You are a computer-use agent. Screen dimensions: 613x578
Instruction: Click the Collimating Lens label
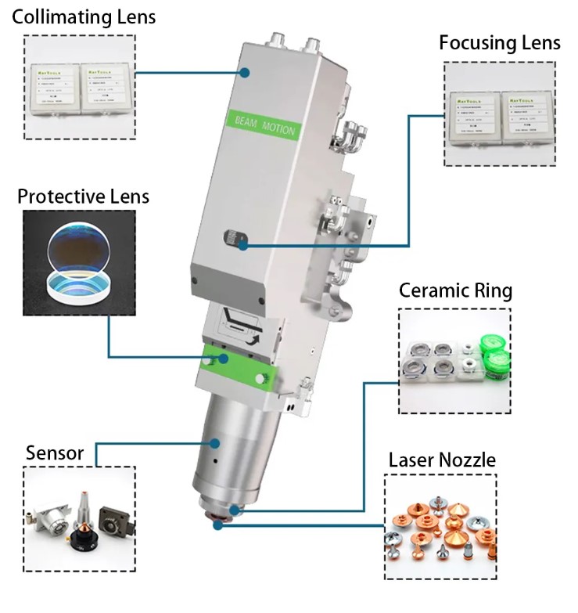point(83,16)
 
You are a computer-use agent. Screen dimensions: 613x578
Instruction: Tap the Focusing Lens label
point(499,42)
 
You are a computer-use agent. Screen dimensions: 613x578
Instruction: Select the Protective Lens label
point(84,195)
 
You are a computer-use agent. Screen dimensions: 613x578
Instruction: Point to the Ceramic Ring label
point(455,291)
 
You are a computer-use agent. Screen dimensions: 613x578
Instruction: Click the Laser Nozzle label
point(442,460)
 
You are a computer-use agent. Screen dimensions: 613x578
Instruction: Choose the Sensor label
point(54,453)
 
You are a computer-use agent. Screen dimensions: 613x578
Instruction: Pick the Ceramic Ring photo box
point(454,361)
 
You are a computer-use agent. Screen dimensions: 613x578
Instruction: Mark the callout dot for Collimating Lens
point(245,73)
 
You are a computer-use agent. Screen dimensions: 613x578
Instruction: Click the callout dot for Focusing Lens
point(244,246)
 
